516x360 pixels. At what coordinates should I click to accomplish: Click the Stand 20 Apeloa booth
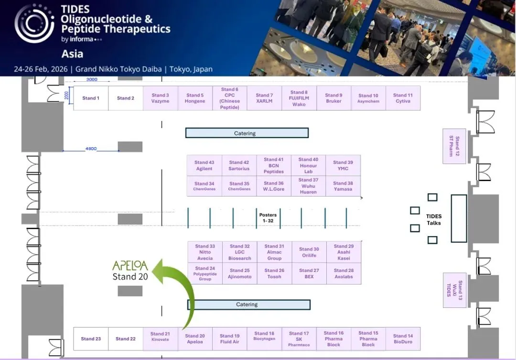(194, 339)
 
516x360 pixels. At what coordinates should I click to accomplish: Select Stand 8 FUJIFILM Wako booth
(299, 98)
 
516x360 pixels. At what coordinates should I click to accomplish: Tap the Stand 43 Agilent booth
(204, 165)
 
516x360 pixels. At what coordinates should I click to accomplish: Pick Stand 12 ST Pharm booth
(454, 146)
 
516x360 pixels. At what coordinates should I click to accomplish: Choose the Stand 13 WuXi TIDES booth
(454, 290)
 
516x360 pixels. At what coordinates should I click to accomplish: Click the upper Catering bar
(247, 133)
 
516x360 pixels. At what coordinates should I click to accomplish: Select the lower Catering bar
(248, 305)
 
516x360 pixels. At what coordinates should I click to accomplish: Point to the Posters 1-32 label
(268, 218)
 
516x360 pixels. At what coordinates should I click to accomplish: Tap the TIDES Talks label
(434, 219)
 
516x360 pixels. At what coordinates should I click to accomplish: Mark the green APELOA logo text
(130, 266)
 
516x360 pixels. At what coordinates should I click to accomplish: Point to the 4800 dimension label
(91, 149)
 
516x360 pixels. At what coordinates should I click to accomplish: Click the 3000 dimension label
(91, 79)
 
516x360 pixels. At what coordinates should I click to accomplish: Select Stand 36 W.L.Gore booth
(274, 186)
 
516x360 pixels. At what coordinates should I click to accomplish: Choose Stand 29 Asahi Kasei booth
(344, 252)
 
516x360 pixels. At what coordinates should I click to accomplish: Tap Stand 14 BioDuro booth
(403, 339)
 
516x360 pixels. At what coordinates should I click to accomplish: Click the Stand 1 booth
(91, 98)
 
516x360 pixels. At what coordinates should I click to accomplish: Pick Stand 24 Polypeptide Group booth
(205, 273)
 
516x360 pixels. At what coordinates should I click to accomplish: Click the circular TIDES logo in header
(34, 23)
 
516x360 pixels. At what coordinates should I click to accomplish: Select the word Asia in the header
(72, 54)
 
